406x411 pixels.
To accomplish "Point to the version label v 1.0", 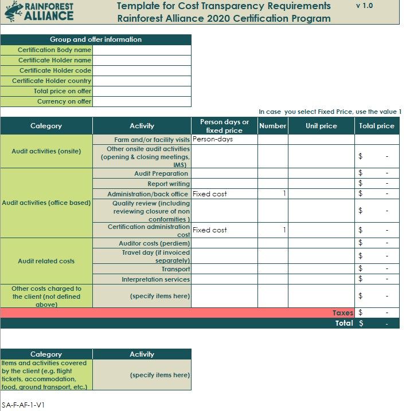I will [364, 6].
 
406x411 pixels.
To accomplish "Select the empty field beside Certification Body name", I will [142, 50].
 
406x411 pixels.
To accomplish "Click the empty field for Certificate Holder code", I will [142, 70].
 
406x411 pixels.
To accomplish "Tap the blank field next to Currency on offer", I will [142, 101].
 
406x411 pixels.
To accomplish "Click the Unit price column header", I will [321, 126].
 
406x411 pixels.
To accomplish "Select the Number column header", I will [272, 126].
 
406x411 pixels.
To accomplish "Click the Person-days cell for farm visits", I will [224, 139].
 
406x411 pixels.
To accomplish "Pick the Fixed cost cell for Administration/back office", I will [224, 194].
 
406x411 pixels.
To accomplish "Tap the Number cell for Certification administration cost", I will [272, 230].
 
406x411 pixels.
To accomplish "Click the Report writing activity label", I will [169, 184].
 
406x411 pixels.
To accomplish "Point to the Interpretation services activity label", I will [155, 279].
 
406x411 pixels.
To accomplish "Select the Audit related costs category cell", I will [46, 261].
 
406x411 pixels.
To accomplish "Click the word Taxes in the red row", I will [342, 313].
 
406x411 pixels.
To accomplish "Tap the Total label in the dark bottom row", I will [344, 323].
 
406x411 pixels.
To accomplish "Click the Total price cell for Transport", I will [377, 268].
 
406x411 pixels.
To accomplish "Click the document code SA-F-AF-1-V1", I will [23, 405].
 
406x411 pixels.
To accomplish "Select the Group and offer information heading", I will [96, 39].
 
